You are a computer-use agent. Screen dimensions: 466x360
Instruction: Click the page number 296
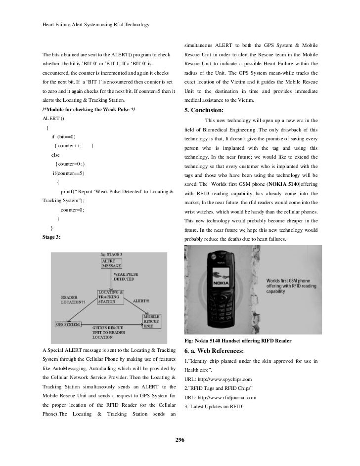coord(180,441)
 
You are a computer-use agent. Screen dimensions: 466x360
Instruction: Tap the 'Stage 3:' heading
coord(52,237)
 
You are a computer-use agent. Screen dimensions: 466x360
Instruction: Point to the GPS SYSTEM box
coord(68,324)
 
